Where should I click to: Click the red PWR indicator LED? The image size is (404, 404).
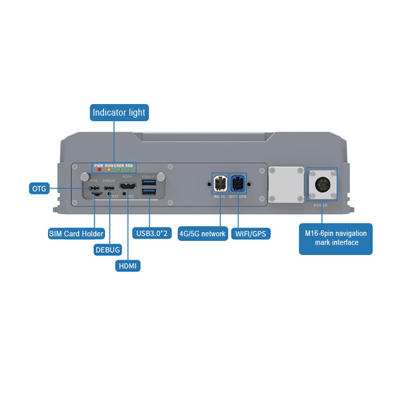99,170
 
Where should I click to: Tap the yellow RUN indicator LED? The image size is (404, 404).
109,170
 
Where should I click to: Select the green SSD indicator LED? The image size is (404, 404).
129,170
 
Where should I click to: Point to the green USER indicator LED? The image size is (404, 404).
119,170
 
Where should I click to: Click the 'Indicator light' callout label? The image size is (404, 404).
119,113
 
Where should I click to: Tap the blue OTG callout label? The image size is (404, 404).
39,189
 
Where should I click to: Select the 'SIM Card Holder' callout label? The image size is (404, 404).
76,234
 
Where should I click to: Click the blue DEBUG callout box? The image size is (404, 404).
108,249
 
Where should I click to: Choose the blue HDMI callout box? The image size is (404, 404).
128,266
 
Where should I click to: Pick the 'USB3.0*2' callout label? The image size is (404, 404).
151,234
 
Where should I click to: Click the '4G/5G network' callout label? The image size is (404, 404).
203,234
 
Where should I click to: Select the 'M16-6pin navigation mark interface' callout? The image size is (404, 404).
336,238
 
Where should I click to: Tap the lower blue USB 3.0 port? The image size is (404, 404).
149,191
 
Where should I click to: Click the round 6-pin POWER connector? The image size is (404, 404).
322,184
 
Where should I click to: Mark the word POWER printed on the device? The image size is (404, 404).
321,206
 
